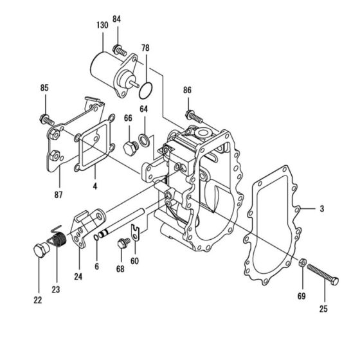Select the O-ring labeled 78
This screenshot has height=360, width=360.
click(x=147, y=85)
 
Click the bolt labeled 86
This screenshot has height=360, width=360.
click(x=194, y=116)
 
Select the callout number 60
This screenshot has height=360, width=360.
click(x=134, y=261)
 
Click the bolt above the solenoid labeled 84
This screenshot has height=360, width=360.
click(x=119, y=49)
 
